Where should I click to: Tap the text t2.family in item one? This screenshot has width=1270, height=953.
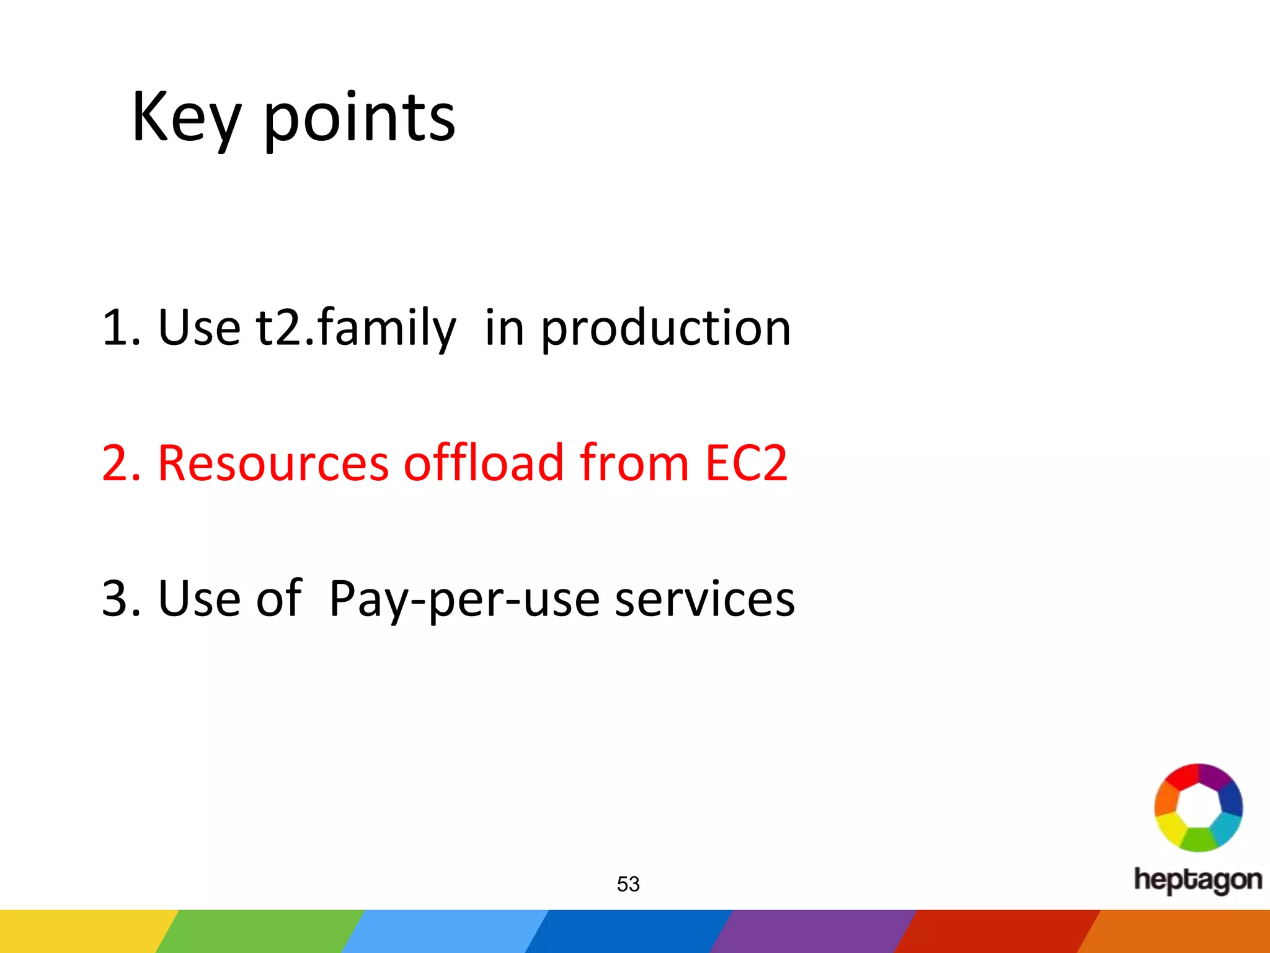[x=356, y=328]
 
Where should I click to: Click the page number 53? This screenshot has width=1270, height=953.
[x=628, y=884]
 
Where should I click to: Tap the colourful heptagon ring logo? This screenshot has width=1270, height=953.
[x=1198, y=807]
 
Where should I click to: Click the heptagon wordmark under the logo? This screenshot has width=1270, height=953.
[x=1197, y=880]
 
